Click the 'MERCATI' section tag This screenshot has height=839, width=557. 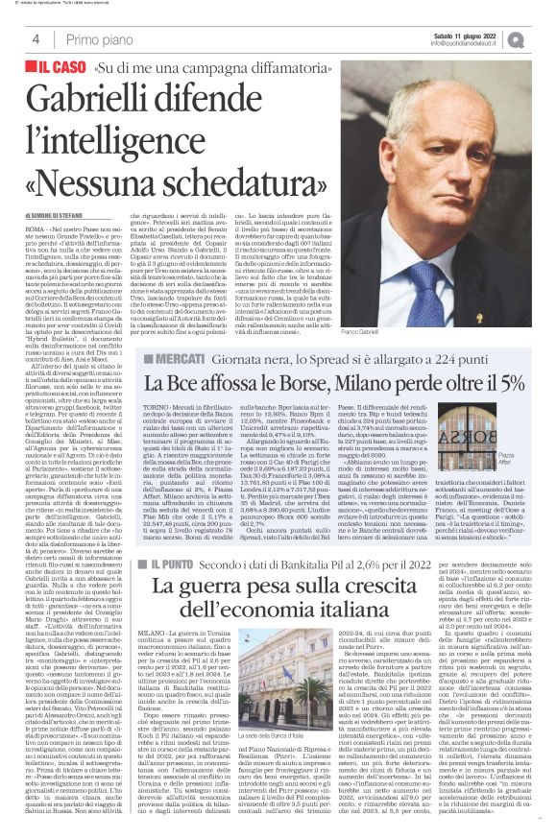pyautogui.click(x=179, y=385)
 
